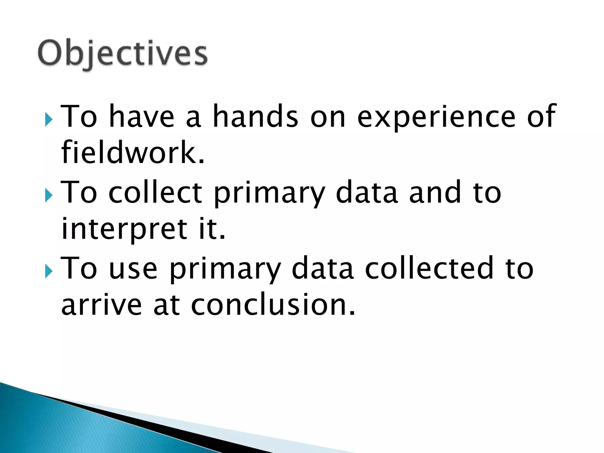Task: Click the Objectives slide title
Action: [x=123, y=54]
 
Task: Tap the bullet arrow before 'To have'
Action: [x=49, y=120]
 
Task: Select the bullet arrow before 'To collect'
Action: [x=49, y=196]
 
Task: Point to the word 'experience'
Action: [x=436, y=117]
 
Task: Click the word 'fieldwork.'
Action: [x=133, y=152]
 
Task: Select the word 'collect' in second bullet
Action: [x=155, y=192]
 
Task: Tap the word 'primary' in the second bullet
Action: [x=269, y=195]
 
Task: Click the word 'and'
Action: [x=435, y=192]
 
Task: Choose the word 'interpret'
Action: [x=124, y=230]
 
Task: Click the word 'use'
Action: [x=133, y=269]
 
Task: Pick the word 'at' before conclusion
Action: [x=167, y=306]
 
